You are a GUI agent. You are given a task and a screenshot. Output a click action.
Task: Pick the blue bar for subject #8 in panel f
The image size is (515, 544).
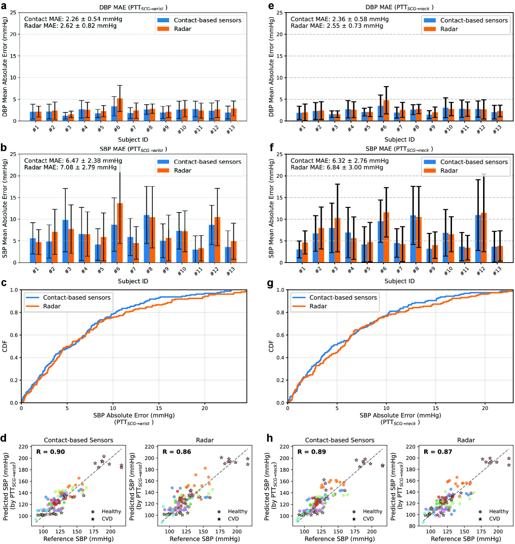tap(413, 239)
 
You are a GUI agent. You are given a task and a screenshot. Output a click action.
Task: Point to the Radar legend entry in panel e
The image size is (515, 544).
tap(449, 29)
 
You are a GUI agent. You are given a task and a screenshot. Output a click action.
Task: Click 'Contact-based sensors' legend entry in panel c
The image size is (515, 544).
tap(77, 298)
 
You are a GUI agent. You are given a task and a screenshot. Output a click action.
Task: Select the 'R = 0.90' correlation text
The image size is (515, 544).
tap(51, 452)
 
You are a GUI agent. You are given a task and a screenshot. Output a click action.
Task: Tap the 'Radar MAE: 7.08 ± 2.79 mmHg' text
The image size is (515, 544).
tap(70, 167)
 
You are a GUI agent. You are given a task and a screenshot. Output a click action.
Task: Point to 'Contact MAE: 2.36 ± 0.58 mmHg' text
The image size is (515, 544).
tap(339, 19)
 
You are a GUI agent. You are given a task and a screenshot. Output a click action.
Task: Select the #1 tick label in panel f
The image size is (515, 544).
tap(302, 270)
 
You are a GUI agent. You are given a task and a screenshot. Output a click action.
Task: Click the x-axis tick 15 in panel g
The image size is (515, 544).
tap(435, 408)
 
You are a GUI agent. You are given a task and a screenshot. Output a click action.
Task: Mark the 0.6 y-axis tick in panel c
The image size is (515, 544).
tap(15, 335)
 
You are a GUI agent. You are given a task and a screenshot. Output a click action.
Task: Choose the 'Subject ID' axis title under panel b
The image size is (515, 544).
tap(133, 281)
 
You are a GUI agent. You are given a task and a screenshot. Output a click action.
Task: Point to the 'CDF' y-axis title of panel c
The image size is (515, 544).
tap(5, 346)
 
